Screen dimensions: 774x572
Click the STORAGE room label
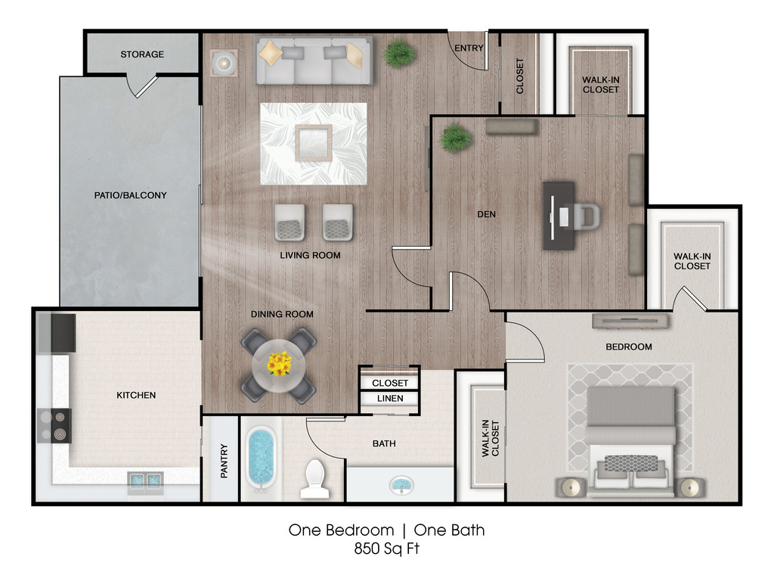coord(142,54)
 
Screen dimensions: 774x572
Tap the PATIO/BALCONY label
coord(130,195)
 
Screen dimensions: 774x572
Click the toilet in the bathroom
coord(315,479)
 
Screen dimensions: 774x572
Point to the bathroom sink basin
coord(402,484)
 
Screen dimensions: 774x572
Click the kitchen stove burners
coord(54,426)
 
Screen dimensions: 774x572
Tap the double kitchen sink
coord(146,480)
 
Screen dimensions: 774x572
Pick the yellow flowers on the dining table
coord(280,363)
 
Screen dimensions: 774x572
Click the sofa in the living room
coord(314,61)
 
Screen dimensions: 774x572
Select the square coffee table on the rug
coord(314,143)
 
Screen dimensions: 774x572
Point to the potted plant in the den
coord(454,137)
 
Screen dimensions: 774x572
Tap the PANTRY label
coord(224,461)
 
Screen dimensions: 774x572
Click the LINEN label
coord(390,398)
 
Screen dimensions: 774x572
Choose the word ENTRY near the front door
coord(469,48)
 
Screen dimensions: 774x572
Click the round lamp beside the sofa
coord(224,63)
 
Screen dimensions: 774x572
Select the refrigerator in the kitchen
coord(56,333)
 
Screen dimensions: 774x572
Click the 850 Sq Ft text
coord(386,549)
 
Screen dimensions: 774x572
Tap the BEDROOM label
coord(629,347)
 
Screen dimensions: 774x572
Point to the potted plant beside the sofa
coord(399,54)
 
